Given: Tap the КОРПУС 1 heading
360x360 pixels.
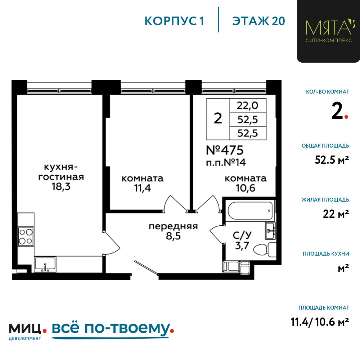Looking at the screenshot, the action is point(174,21).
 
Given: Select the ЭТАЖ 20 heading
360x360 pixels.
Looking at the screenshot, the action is point(258,21).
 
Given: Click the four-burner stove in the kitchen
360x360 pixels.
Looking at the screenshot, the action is point(26,237).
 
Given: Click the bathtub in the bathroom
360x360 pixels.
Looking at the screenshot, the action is point(250,211).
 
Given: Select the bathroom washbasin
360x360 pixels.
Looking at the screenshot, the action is point(270,230).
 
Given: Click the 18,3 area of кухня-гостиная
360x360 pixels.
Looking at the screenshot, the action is point(61,186).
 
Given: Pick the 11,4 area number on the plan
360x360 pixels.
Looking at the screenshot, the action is point(142,188).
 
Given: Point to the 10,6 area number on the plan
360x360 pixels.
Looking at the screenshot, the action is point(246,188).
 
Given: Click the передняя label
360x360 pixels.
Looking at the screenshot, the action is point(174,226).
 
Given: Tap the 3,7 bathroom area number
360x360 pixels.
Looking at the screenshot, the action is point(242,246).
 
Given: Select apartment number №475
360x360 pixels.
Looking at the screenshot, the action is point(225,150).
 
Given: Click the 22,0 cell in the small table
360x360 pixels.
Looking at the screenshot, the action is point(248,105).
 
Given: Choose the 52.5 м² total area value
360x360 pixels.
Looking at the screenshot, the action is point(332,160).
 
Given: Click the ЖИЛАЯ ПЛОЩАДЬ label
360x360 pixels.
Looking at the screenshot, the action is point(325,200).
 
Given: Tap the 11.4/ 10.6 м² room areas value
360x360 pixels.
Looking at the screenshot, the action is point(320,321).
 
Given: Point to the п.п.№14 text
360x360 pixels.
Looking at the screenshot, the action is point(226,163).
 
